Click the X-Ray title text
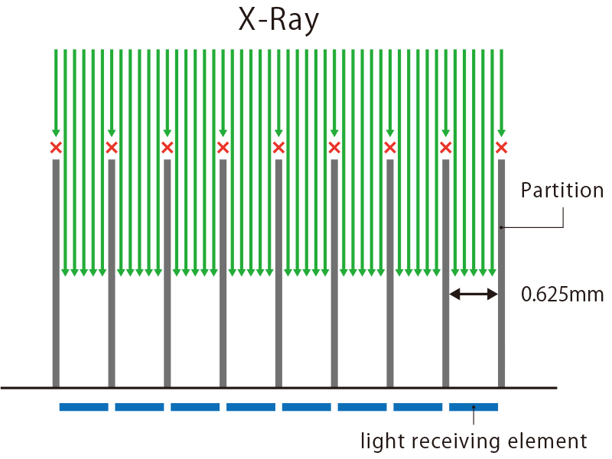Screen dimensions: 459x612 point(278,21)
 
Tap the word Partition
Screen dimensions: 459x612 point(562,190)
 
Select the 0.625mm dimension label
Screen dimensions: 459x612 point(562,294)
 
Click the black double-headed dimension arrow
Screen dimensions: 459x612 point(474,293)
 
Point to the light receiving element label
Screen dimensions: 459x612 point(474,441)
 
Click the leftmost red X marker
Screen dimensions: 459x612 point(56,148)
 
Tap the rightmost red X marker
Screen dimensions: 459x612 point(502,148)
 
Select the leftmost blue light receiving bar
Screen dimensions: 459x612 point(84,407)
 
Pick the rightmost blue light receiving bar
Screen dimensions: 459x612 point(474,407)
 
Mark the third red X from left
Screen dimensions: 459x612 point(167,148)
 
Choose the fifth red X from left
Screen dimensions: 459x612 point(278,148)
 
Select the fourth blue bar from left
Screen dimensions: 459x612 point(251,407)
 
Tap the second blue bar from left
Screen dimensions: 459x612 point(139,407)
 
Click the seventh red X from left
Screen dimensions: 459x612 point(390,148)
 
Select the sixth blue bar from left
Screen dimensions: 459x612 point(362,407)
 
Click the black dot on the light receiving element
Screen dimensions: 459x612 point(474,407)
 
